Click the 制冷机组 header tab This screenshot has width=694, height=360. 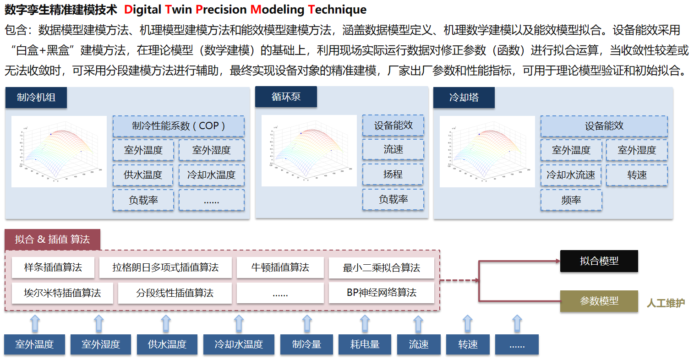pyautogui.click(x=36, y=98)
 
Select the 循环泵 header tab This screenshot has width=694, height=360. pyautogui.click(x=286, y=97)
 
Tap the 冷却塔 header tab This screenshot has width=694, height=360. pyautogui.click(x=464, y=98)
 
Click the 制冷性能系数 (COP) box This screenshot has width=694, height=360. pyautogui.click(x=178, y=126)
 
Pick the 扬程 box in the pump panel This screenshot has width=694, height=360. pyautogui.click(x=393, y=175)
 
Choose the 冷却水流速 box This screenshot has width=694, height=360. pyautogui.click(x=571, y=175)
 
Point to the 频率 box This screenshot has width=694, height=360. pyautogui.click(x=571, y=200)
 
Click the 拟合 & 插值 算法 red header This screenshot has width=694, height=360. pyautogui.click(x=52, y=240)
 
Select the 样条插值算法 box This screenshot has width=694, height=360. pyautogui.click(x=53, y=267)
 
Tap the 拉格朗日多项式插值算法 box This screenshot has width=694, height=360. pyautogui.click(x=165, y=267)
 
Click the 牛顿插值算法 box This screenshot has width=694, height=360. pyautogui.click(x=280, y=267)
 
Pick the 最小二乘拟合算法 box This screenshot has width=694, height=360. pyautogui.click(x=381, y=268)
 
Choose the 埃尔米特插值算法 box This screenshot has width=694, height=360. pyautogui.click(x=62, y=293)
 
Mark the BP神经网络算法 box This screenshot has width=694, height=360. pyautogui.click(x=381, y=293)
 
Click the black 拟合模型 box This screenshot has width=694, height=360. pyautogui.click(x=599, y=261)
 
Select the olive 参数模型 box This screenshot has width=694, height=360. pyautogui.click(x=599, y=301)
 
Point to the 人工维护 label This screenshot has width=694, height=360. pyautogui.click(x=666, y=303)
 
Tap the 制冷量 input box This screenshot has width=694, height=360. pyautogui.click(x=306, y=344)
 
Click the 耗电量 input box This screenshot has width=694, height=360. pyautogui.click(x=365, y=344)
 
